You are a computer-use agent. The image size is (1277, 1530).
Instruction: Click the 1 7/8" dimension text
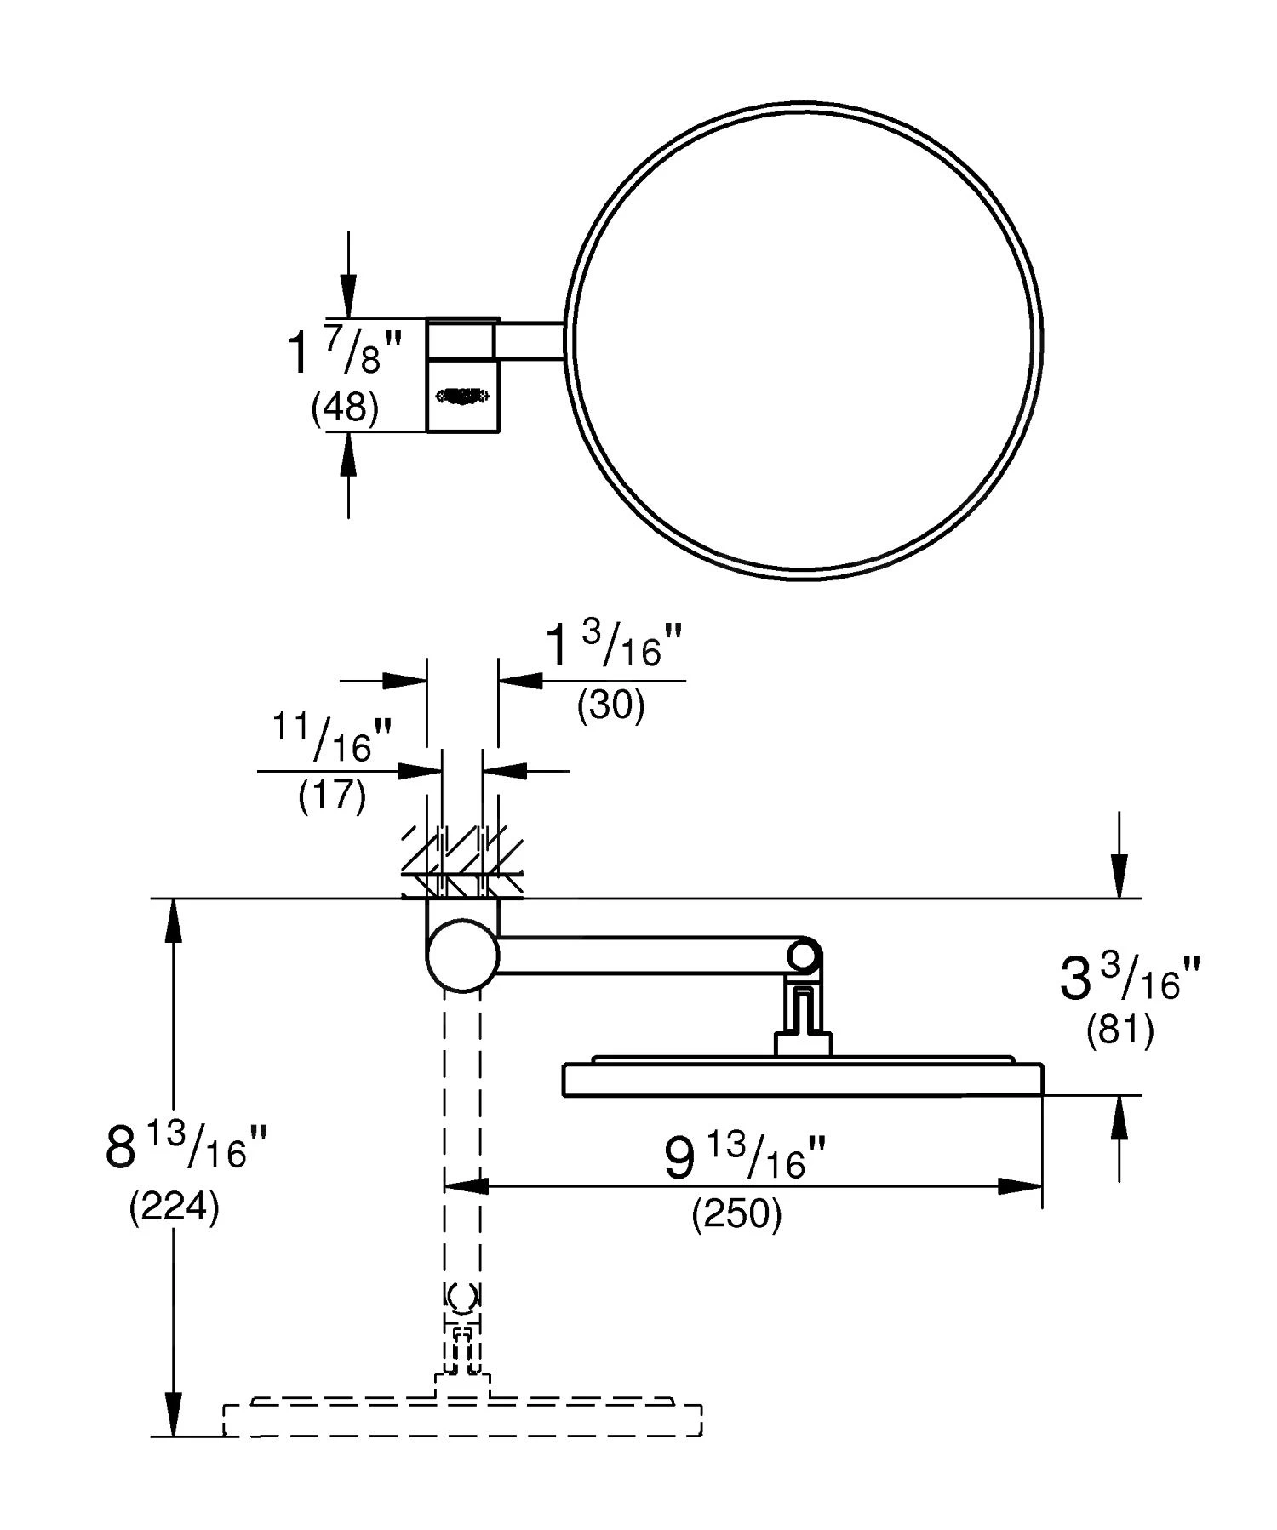coord(342,351)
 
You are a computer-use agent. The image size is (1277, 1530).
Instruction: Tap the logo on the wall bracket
coord(462,395)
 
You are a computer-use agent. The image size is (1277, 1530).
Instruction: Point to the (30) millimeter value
coord(610,705)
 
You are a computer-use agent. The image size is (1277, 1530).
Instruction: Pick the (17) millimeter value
coord(332,796)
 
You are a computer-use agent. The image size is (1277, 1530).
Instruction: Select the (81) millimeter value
coord(1120,1031)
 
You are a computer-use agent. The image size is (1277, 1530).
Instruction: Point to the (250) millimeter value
coord(736,1214)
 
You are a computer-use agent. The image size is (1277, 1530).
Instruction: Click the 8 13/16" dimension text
coord(186,1146)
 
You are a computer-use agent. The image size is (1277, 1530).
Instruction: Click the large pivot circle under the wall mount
coord(462,956)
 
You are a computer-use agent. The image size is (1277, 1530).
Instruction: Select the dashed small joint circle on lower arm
coord(462,1296)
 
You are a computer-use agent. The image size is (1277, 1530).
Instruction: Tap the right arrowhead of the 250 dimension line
coord(1022,1185)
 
